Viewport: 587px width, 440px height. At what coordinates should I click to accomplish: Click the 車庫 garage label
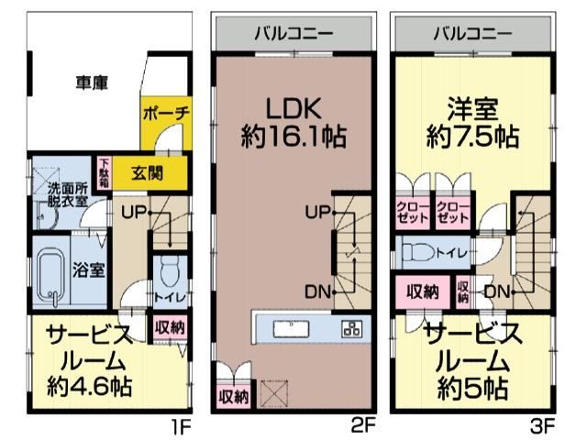point(92,82)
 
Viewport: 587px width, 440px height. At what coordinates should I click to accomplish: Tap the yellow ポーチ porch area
point(166,123)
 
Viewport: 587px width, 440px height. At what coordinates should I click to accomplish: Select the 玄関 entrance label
point(147,173)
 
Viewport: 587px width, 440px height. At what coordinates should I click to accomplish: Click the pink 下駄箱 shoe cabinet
point(105,173)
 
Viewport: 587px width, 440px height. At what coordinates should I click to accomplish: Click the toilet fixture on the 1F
point(170,272)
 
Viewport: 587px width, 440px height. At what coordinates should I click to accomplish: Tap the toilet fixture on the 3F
point(419,252)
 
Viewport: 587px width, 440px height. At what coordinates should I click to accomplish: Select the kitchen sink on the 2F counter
point(291,329)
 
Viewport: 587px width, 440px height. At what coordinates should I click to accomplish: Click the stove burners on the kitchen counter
point(352,329)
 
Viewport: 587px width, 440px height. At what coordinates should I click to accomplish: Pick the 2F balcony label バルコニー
point(293,34)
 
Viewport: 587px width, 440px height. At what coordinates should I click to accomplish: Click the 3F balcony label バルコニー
point(472,34)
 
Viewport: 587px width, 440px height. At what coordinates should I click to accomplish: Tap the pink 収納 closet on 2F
point(234,396)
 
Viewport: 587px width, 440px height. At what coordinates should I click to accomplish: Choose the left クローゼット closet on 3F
point(413,213)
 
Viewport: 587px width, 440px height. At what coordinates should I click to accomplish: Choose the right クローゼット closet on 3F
point(452,213)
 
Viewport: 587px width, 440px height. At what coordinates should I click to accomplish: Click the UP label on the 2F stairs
point(317,213)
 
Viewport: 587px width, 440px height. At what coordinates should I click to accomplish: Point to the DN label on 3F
point(497,291)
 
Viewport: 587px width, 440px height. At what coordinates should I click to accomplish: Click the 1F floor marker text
point(181,426)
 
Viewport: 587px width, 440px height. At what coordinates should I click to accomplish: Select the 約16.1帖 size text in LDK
point(293,137)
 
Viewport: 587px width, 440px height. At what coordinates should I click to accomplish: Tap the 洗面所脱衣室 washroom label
point(67,195)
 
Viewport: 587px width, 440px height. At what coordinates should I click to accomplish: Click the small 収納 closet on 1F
point(170,328)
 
